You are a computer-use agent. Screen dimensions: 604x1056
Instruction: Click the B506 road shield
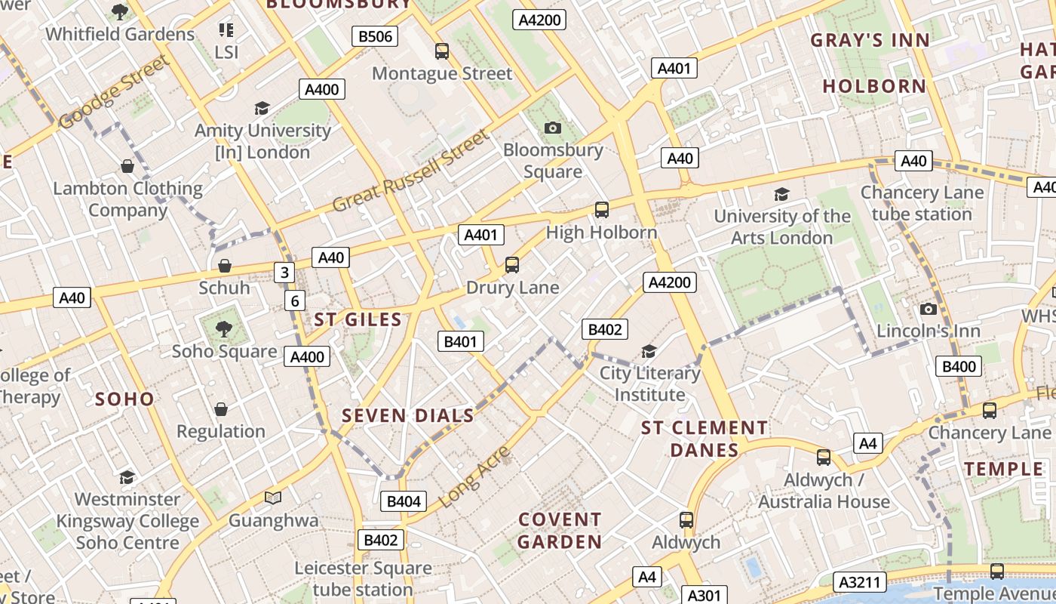click(375, 35)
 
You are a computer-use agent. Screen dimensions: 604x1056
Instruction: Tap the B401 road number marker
click(460, 341)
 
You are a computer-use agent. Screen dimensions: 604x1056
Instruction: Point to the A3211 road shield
click(860, 582)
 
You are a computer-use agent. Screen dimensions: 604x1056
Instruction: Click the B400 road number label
click(959, 367)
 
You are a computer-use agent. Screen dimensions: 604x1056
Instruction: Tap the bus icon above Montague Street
click(442, 51)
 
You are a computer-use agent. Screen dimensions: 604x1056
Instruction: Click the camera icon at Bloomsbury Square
click(553, 128)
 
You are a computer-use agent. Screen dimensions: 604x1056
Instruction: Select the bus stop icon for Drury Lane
click(512, 264)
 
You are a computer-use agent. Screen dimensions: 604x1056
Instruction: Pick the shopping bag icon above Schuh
click(224, 266)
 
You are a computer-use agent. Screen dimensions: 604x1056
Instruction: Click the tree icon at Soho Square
click(223, 328)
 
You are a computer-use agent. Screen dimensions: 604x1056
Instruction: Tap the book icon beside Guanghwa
click(273, 498)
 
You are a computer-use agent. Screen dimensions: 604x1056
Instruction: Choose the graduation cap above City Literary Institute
click(649, 351)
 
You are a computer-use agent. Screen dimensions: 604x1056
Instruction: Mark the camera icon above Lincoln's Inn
click(929, 309)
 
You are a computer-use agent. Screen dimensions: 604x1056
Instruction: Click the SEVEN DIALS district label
click(408, 415)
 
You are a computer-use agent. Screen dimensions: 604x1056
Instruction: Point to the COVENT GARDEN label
click(560, 531)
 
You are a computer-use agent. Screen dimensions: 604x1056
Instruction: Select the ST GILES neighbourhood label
click(358, 319)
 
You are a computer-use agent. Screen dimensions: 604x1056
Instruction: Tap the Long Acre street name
click(475, 476)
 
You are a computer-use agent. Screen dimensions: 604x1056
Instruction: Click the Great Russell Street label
click(411, 171)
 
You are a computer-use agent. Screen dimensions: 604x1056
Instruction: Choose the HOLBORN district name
click(874, 86)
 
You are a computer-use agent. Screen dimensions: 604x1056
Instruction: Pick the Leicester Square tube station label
click(363, 578)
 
